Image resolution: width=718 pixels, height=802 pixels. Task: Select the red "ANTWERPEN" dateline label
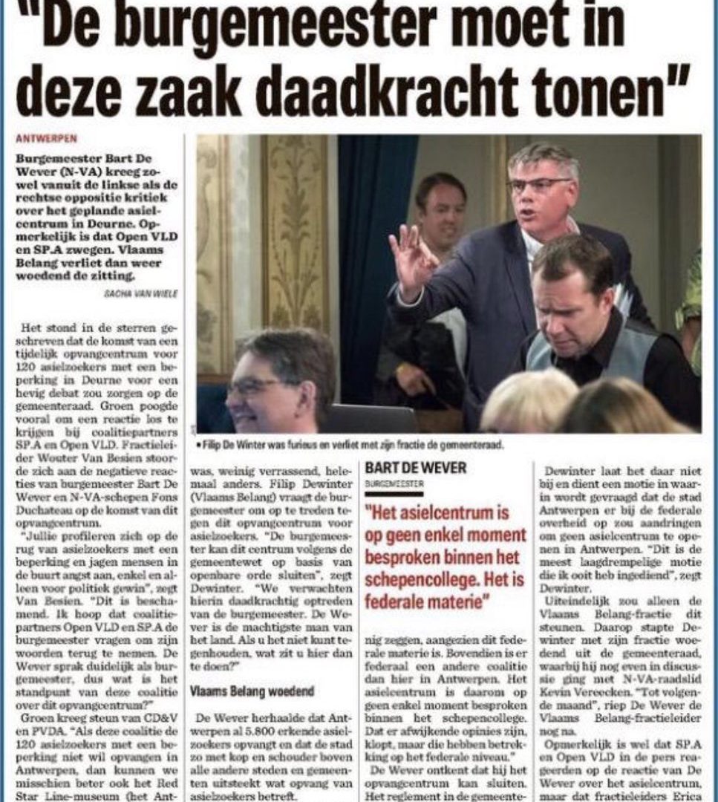46,139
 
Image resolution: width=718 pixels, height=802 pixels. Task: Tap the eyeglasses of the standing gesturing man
539,185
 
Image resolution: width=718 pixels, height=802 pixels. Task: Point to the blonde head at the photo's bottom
529,401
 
